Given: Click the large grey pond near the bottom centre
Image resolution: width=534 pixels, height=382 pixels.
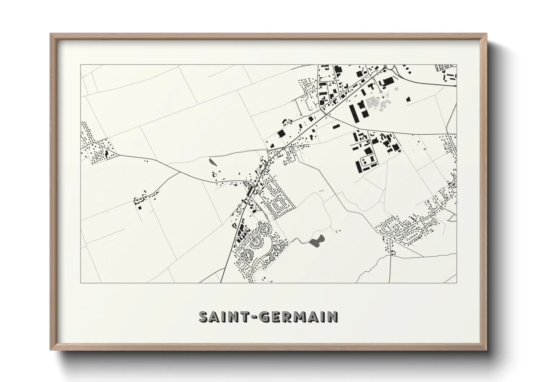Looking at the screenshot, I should pyautogui.click(x=316, y=240).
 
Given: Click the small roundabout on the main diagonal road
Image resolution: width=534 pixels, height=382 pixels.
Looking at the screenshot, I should pyautogui.click(x=284, y=148).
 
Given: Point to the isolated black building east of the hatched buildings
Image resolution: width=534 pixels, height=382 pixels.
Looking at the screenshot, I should pyautogui.click(x=408, y=99).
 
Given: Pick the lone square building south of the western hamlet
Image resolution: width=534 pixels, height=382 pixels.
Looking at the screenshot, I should pyautogui.click(x=139, y=207).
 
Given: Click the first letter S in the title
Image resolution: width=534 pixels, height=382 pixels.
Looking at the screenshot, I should pyautogui.click(x=205, y=317).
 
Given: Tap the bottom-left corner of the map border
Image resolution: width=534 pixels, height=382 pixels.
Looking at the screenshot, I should pyautogui.click(x=81, y=283).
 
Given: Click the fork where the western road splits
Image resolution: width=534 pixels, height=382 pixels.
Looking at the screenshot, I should pyautogui.click(x=180, y=172).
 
